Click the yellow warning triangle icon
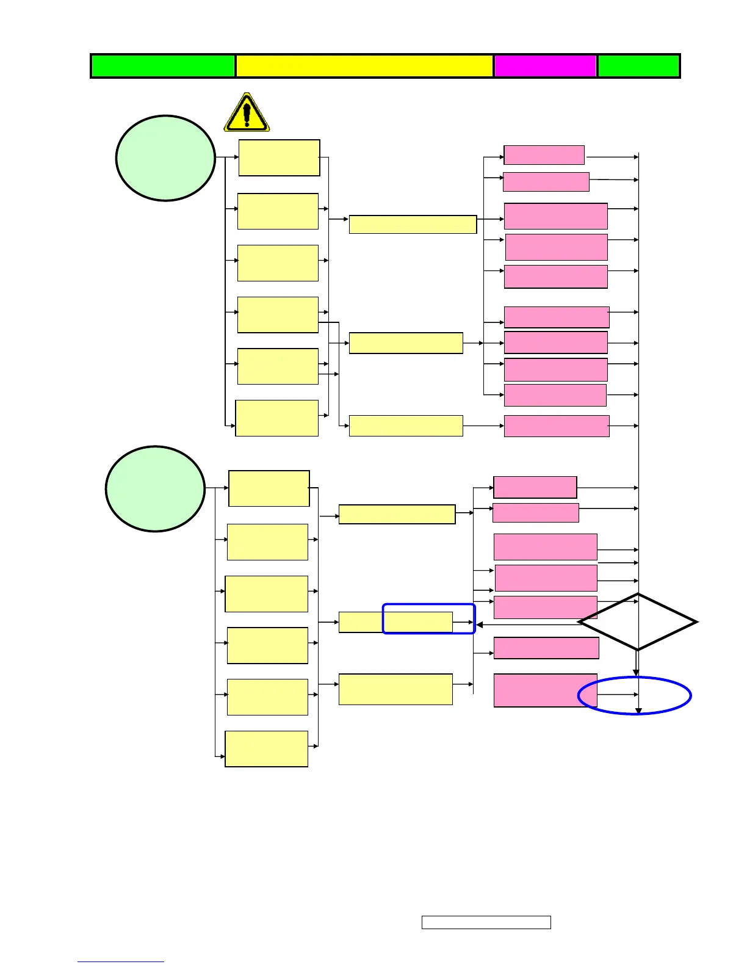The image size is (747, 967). click(x=247, y=113)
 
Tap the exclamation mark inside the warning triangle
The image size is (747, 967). click(x=247, y=113)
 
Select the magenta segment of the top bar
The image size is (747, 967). click(x=545, y=66)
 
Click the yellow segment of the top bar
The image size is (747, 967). click(x=364, y=66)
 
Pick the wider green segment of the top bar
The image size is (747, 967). click(x=163, y=66)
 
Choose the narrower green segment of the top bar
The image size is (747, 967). click(x=638, y=66)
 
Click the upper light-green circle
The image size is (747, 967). click(x=165, y=158)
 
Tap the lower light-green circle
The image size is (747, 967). click(x=155, y=488)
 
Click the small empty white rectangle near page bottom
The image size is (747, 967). click(x=486, y=922)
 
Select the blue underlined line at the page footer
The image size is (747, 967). click(x=121, y=962)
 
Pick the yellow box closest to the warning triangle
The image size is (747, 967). click(x=279, y=158)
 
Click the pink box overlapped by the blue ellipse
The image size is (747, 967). click(x=545, y=690)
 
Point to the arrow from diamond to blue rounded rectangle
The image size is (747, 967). click(x=525, y=625)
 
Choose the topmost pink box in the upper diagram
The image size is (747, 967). click(x=544, y=155)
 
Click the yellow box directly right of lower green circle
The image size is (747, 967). click(x=269, y=488)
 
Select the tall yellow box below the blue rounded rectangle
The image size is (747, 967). click(x=395, y=689)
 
